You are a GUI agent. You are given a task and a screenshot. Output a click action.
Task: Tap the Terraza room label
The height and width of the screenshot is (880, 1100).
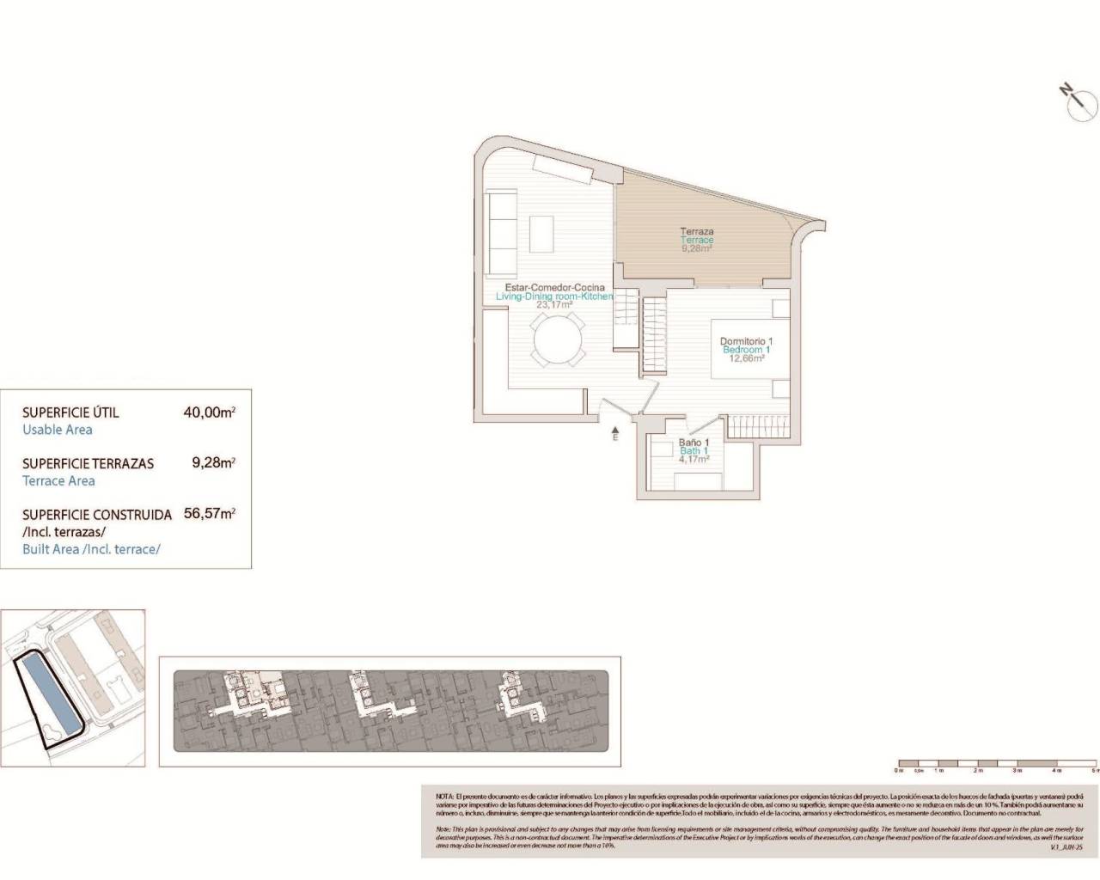click(697, 231)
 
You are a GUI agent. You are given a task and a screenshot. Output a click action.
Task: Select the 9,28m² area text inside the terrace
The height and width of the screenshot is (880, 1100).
click(697, 248)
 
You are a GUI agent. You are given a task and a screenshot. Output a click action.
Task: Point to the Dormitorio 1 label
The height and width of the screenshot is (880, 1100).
click(746, 341)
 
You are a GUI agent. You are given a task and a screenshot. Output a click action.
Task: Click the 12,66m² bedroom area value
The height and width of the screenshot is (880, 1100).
click(746, 358)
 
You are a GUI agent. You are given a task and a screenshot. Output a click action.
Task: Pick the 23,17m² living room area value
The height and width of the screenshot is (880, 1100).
click(554, 304)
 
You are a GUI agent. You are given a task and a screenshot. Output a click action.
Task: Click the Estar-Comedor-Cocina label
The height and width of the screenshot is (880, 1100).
click(554, 287)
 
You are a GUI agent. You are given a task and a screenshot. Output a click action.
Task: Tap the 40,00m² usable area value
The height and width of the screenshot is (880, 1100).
click(209, 412)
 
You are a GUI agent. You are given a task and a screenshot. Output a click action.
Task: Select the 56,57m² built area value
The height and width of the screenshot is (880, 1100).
click(209, 514)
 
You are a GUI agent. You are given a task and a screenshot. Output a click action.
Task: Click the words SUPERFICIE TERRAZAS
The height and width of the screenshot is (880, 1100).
click(88, 463)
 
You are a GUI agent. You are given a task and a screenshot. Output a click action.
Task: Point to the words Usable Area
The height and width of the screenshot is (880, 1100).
click(57, 430)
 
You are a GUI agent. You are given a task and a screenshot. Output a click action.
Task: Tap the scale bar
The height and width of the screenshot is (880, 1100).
click(997, 763)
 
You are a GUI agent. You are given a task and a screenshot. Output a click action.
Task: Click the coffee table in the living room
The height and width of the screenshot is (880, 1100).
click(541, 233)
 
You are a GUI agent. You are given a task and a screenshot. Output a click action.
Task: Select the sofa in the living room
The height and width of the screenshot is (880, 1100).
click(499, 230)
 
